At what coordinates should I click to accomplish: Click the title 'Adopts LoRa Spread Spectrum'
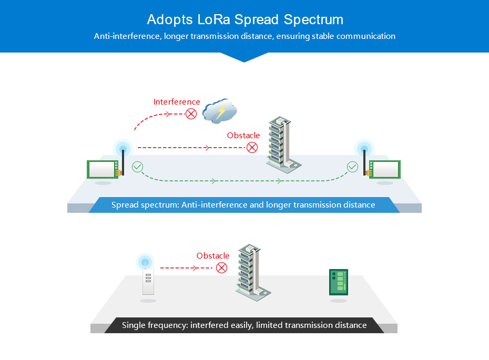pos(244,20)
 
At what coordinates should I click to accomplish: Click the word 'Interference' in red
pos(177,102)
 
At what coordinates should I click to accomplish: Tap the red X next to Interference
pos(191,113)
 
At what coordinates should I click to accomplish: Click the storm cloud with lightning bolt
pos(220,111)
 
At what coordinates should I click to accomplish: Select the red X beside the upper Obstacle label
pos(252,147)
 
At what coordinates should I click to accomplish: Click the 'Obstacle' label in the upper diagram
pos(243,136)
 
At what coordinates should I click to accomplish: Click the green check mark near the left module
pos(137,167)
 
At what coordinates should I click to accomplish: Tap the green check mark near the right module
pos(352,167)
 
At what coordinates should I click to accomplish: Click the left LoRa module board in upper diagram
pos(103,169)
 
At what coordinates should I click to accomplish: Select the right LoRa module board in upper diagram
pos(386,169)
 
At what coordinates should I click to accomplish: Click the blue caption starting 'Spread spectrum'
pos(243,205)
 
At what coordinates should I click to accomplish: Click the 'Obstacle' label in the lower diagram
pos(213,256)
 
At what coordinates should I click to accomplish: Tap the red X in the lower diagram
pos(222,268)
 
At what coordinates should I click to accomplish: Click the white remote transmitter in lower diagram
pos(148,282)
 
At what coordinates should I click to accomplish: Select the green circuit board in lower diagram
pos(339,282)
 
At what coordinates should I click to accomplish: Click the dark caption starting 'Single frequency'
pos(244,325)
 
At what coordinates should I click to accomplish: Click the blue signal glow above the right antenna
pos(364,148)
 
